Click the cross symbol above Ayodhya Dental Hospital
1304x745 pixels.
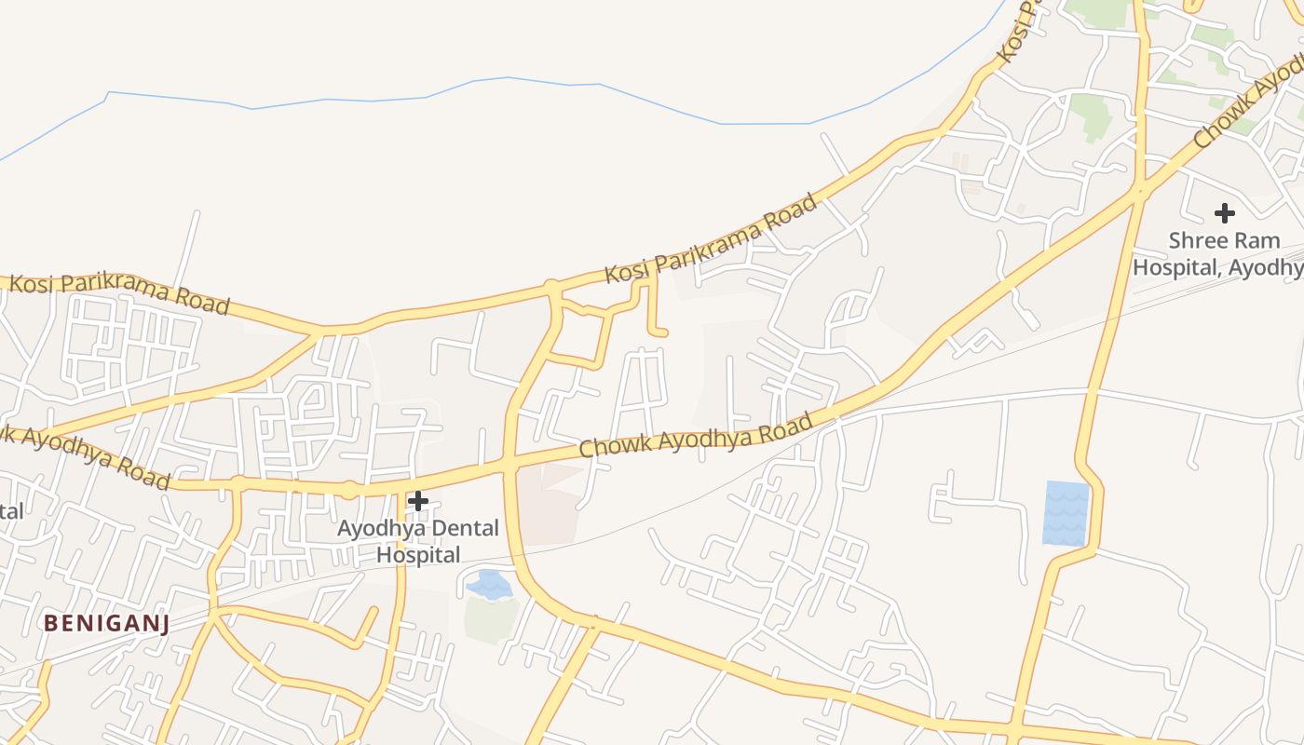(x=418, y=501)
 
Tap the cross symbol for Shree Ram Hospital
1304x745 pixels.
(x=1225, y=213)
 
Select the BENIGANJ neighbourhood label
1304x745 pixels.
(x=106, y=624)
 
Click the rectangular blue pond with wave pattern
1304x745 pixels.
(x=1066, y=513)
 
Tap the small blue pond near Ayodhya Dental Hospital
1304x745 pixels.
(x=489, y=585)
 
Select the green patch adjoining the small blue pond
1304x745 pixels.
(x=491, y=619)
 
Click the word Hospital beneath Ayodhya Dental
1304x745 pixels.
(x=418, y=555)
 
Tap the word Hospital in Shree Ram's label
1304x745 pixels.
(x=1175, y=267)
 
